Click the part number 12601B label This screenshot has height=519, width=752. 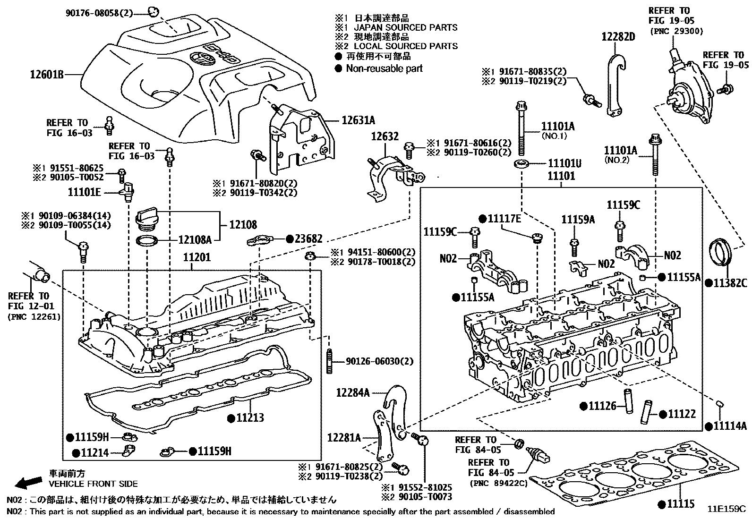coord(47,74)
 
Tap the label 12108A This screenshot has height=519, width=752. coord(194,239)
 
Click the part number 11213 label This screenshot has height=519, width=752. coord(250,417)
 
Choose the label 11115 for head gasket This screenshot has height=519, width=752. coord(680,504)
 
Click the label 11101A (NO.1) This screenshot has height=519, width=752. coord(557,126)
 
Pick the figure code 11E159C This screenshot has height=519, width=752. coord(726,509)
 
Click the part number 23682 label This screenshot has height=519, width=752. coord(308,239)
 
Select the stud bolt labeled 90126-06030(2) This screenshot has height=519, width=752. coord(328,361)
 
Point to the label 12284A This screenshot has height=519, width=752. coord(353,392)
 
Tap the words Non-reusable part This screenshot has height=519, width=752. coord(384,68)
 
